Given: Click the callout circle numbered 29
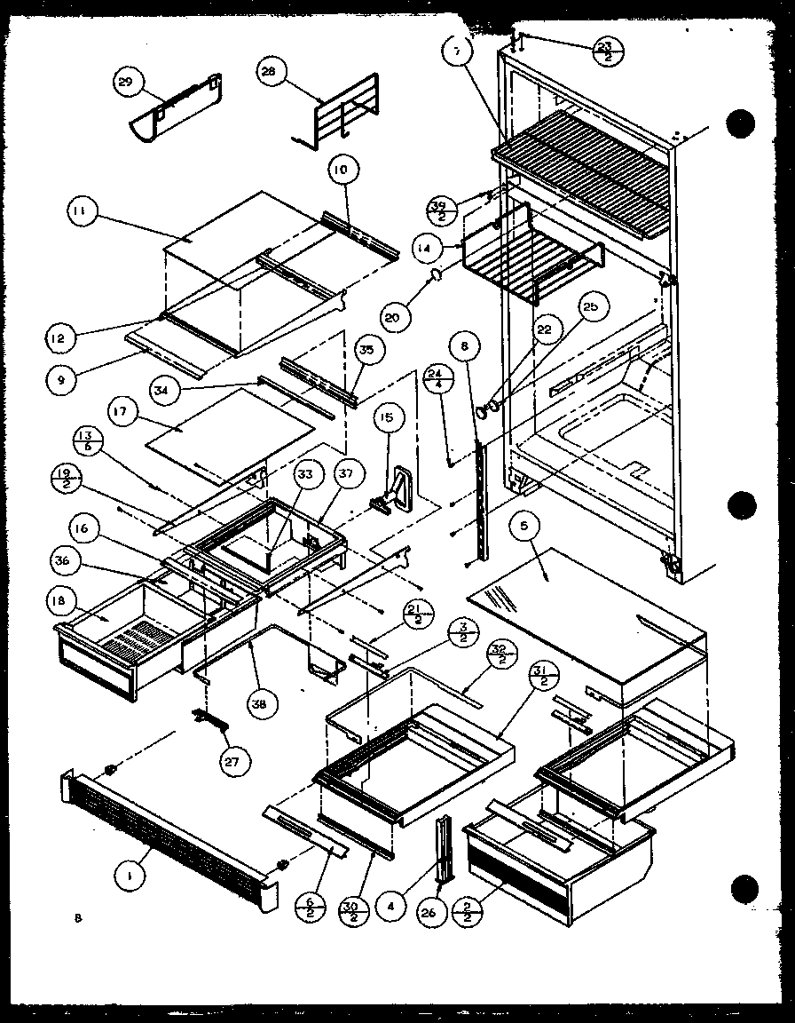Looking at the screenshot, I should (x=125, y=83).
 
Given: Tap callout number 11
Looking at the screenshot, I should (x=83, y=213).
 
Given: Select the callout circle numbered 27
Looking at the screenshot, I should (x=238, y=760).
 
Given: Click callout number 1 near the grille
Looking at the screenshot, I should (x=131, y=876).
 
